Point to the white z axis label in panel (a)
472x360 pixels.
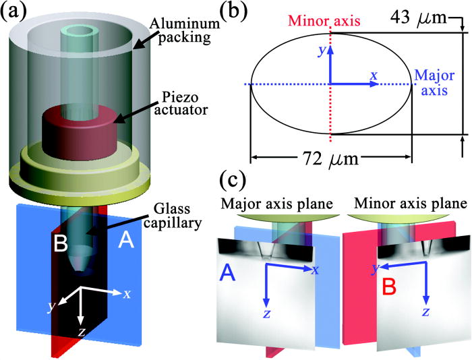click(x=82, y=332)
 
